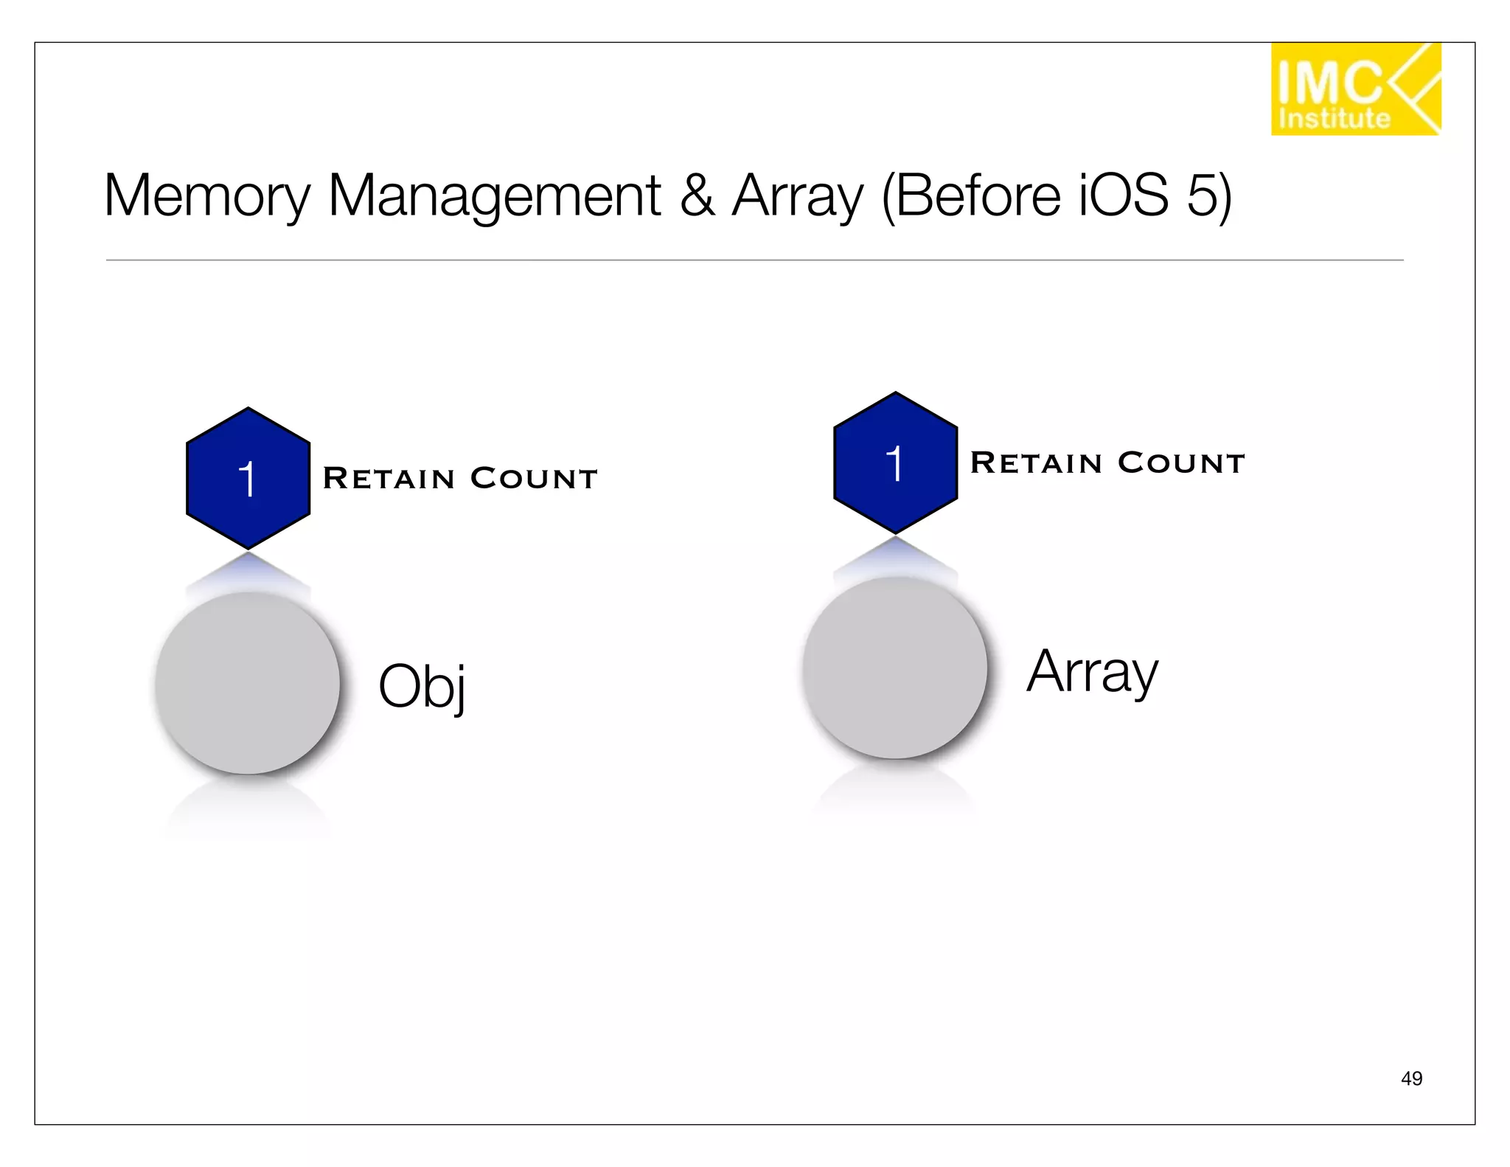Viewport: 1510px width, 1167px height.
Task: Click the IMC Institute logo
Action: [1355, 89]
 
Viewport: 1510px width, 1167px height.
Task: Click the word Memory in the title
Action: [206, 196]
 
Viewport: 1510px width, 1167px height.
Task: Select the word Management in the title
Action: [494, 196]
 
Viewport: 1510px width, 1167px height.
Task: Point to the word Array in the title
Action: [797, 196]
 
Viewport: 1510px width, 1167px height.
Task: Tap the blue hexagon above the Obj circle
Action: [248, 478]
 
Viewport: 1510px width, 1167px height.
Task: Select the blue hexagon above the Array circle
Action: [895, 463]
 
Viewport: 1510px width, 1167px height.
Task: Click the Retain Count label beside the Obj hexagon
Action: [460, 478]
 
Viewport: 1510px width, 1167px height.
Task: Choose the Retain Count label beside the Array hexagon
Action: [1107, 463]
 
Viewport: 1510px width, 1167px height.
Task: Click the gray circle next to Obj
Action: [248, 683]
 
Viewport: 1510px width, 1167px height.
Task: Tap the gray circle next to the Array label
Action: [894, 668]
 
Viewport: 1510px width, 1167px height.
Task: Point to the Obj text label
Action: [422, 686]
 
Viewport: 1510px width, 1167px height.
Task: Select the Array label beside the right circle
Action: [1092, 671]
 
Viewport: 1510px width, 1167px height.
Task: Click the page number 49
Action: [1411, 1078]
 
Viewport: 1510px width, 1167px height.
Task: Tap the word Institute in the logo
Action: [1334, 119]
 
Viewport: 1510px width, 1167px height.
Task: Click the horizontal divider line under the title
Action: [754, 260]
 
